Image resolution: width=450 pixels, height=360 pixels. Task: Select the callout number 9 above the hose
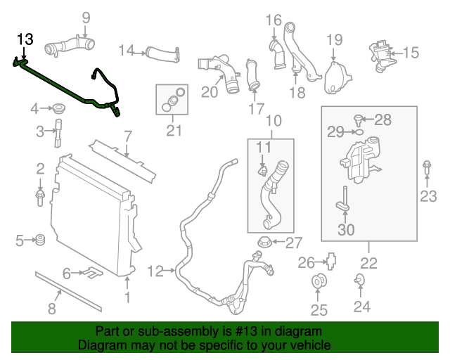tap(86, 18)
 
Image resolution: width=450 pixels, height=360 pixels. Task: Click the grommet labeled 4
tap(58, 109)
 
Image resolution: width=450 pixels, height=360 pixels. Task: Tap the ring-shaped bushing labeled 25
tap(320, 283)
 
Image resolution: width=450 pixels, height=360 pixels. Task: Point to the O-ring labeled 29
tap(356, 131)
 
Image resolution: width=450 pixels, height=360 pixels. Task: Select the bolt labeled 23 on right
tap(427, 169)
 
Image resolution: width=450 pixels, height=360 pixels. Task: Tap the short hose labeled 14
tap(162, 52)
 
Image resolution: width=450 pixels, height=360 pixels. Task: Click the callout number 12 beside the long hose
tap(155, 270)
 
